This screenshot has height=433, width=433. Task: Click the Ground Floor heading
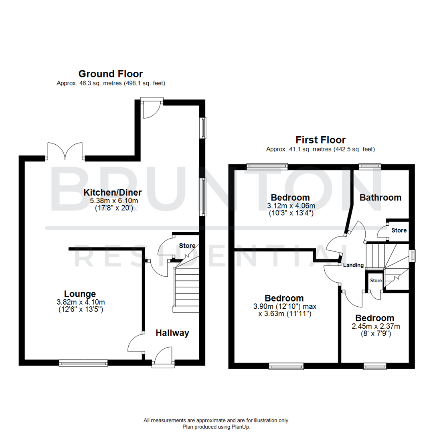pos(110,74)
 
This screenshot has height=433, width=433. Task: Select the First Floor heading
pos(320,140)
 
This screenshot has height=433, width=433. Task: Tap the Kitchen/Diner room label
pos(113,192)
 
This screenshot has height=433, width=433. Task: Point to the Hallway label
pos(172,333)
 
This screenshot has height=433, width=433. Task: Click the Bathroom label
pos(380,197)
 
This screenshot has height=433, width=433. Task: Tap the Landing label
pos(353,265)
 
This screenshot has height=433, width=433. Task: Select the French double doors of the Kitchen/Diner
pos(65,152)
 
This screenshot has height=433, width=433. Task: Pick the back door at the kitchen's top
pos(151,107)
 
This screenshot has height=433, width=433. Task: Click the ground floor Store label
pos(187,245)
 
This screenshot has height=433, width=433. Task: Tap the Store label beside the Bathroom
pos(399,231)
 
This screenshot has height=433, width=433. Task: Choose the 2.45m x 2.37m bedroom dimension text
pos(375,326)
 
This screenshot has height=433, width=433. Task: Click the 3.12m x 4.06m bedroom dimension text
pos(290,206)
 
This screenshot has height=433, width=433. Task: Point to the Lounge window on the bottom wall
pos(83,363)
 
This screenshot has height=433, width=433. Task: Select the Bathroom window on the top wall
pos(369,165)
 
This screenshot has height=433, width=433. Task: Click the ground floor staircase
pos(186,287)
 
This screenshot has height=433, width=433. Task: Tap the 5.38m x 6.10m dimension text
pos(113,200)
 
